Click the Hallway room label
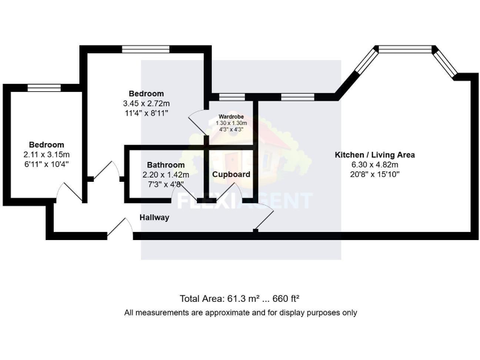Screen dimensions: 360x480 click(154, 217)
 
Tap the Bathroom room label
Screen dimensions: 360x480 click(166, 165)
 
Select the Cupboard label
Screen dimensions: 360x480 click(231, 174)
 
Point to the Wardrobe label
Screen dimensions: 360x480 click(231, 117)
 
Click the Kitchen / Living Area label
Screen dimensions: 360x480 click(374, 154)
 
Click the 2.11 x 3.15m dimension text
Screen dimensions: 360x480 click(46, 154)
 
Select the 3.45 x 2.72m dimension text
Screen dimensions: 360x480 click(146, 103)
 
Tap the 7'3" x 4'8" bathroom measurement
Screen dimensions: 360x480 click(166, 184)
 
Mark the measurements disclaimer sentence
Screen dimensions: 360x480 click(241, 312)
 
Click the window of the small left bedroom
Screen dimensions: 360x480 click(44, 87)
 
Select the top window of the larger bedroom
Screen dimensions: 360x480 click(146, 49)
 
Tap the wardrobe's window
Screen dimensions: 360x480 click(231, 97)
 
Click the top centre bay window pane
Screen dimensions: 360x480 click(406, 48)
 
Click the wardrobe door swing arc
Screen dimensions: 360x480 click(197, 122)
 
